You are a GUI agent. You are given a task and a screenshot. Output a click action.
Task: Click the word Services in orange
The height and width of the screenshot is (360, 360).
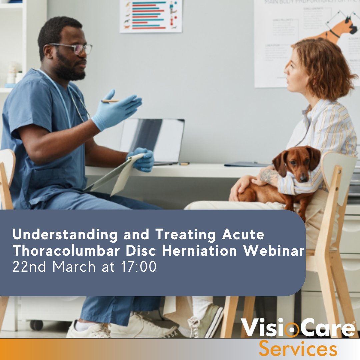coord(298,349)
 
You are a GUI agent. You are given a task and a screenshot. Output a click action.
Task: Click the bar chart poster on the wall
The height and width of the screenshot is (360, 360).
coord(151,16)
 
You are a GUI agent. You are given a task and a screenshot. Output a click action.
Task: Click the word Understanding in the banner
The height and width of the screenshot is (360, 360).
coord(65,235)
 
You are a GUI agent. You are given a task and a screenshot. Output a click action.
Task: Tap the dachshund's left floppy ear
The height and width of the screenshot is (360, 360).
coord(279,163)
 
